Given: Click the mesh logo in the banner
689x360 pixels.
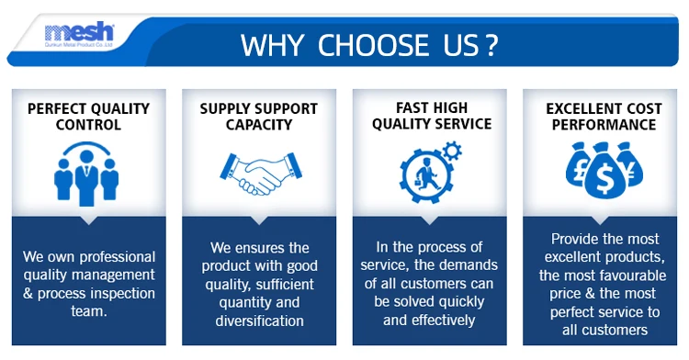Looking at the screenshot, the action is click(x=79, y=34).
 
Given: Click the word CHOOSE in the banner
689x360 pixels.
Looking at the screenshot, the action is click(x=373, y=45).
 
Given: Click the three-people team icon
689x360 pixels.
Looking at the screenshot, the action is click(x=86, y=174).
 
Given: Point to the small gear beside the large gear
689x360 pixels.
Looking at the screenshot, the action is click(x=452, y=151).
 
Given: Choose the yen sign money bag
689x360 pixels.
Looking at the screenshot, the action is click(x=630, y=164).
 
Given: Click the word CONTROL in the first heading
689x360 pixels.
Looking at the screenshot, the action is click(x=88, y=125).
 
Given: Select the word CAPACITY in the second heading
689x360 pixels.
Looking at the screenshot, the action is click(x=259, y=125).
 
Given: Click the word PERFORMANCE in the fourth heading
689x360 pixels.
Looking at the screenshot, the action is click(x=604, y=125).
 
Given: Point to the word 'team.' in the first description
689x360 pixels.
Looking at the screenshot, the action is click(x=89, y=311).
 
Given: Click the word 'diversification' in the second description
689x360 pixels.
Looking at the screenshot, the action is click(x=259, y=321).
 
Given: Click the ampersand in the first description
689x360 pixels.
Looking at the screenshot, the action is click(x=28, y=293).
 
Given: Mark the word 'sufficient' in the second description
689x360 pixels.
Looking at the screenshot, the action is click(x=285, y=285).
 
